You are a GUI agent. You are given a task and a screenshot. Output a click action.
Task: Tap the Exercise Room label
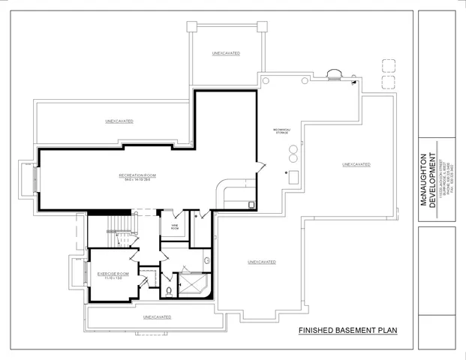click(x=113, y=274)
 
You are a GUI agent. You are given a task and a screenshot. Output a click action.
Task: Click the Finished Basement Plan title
click(x=347, y=330)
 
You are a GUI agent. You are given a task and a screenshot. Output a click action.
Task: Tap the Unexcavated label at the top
click(x=225, y=54)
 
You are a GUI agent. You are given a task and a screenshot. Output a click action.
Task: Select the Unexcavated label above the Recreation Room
click(x=119, y=121)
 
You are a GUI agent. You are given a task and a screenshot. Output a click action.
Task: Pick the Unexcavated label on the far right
click(x=356, y=164)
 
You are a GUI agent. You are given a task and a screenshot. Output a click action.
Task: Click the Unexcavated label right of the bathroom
click(x=262, y=262)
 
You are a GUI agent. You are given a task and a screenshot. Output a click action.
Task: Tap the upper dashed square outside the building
click(x=388, y=64)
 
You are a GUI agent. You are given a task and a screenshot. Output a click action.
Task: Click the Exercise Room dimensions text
click(x=113, y=279)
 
